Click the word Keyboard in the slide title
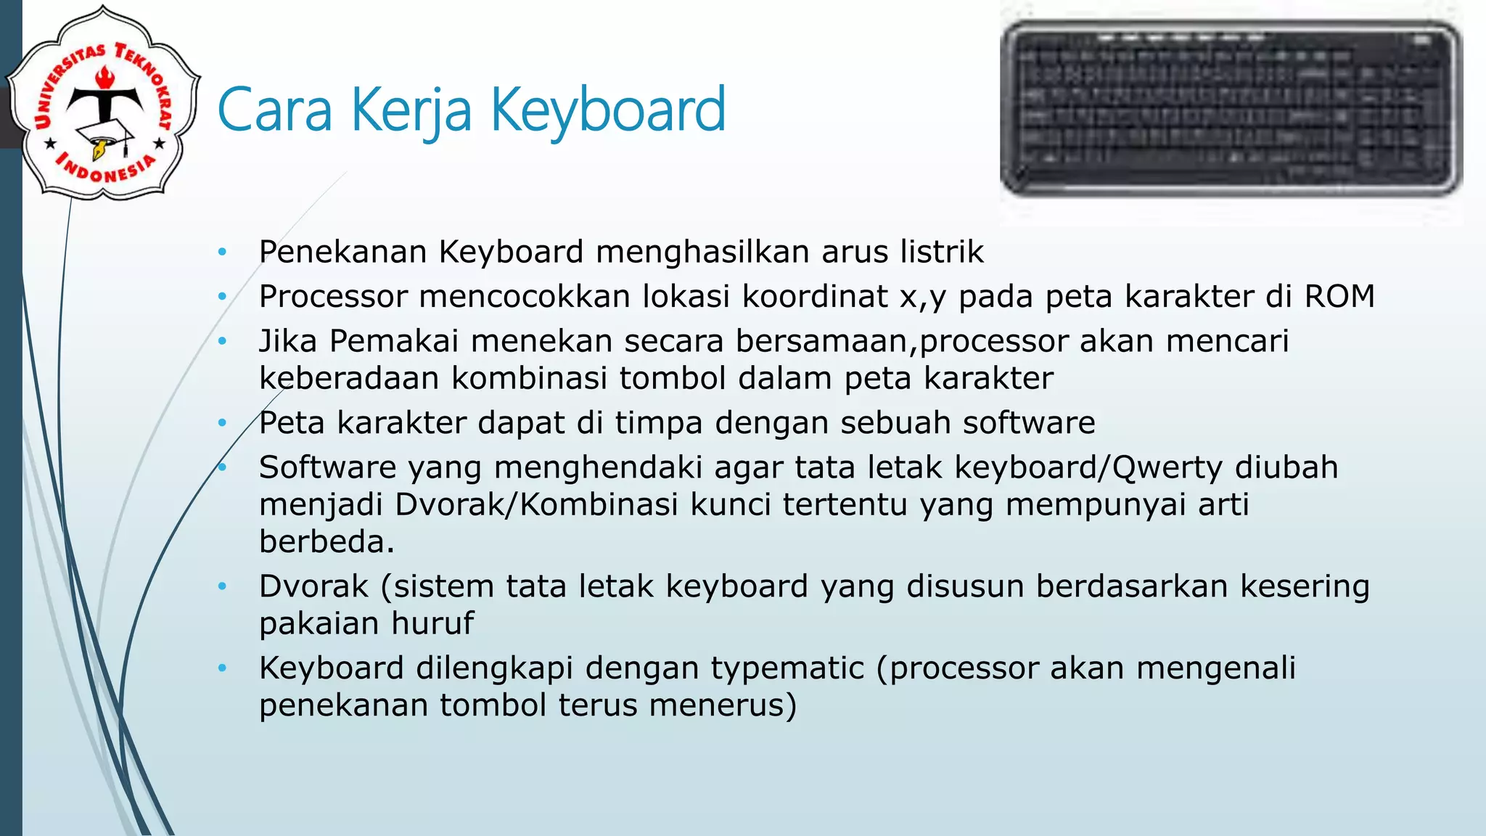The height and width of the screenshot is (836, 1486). (608, 110)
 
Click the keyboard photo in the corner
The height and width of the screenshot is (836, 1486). (1231, 109)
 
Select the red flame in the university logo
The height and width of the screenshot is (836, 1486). (105, 76)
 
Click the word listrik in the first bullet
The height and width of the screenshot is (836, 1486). (942, 252)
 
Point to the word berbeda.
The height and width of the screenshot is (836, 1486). (326, 541)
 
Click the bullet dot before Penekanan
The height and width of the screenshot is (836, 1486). (223, 253)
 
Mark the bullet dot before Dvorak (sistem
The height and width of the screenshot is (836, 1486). (223, 586)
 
